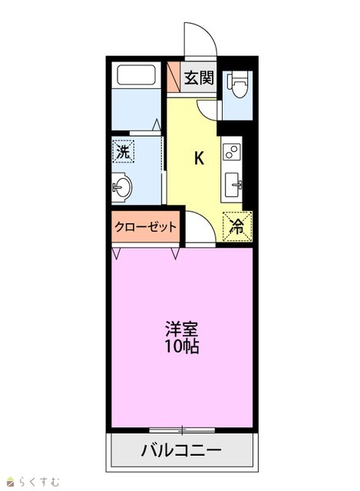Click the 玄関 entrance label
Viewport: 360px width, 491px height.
click(x=199, y=77)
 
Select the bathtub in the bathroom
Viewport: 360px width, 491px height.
click(x=137, y=75)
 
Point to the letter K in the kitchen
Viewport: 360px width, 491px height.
click(x=199, y=158)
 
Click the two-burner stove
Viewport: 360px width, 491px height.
click(x=232, y=152)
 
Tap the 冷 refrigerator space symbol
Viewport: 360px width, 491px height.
click(x=237, y=227)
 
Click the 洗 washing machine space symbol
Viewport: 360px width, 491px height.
click(x=123, y=151)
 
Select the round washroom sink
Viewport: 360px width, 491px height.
click(x=121, y=188)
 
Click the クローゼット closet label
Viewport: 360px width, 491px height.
click(x=146, y=226)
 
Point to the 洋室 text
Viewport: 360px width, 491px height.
click(x=182, y=329)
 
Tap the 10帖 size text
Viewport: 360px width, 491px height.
click(x=182, y=346)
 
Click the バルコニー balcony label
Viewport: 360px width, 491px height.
click(x=181, y=450)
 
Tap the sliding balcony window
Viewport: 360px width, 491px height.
click(x=182, y=430)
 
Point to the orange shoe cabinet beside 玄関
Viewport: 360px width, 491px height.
click(x=173, y=77)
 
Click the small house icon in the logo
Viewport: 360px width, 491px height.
click(x=12, y=482)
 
